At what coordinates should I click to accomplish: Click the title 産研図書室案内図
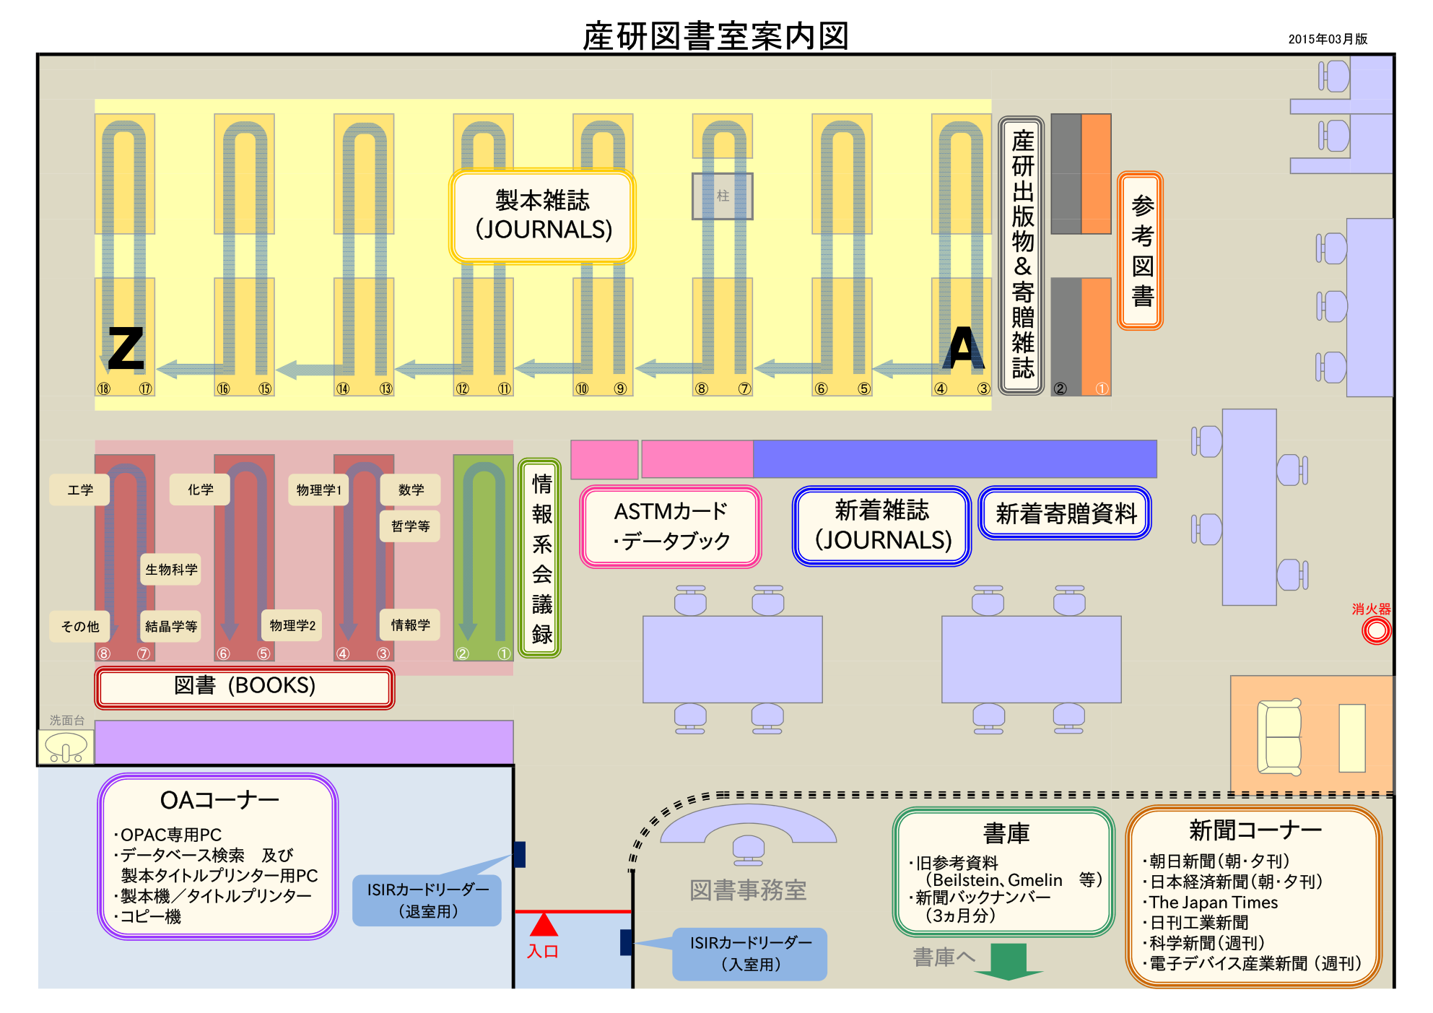click(715, 36)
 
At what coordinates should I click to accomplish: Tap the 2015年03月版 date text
click(1328, 39)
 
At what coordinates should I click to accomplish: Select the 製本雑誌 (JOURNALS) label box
click(543, 216)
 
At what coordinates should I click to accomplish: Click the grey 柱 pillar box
click(723, 196)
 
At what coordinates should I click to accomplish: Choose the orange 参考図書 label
click(1141, 251)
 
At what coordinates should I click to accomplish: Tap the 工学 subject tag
click(80, 490)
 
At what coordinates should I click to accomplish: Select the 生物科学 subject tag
click(171, 570)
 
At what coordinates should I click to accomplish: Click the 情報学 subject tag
click(410, 625)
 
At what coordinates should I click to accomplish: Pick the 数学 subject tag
click(411, 490)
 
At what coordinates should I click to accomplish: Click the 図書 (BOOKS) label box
click(245, 687)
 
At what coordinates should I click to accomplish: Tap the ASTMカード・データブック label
click(671, 526)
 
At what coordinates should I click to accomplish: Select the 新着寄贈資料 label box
click(1066, 513)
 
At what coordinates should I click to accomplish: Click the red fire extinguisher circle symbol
click(1376, 631)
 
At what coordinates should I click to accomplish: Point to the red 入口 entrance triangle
click(544, 925)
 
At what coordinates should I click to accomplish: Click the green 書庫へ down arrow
click(1009, 961)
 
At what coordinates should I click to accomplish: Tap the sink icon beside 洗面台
click(66, 747)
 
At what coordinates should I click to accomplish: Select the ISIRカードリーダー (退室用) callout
click(427, 900)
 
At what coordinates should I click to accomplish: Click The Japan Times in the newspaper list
click(1214, 903)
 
